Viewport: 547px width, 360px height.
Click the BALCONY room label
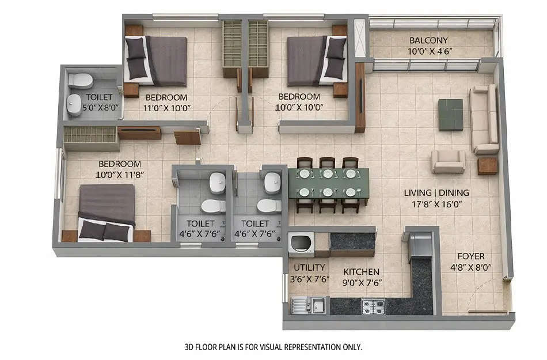[x=428, y=40]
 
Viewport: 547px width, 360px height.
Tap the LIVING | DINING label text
[x=436, y=192]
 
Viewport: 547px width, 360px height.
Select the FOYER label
[x=470, y=256]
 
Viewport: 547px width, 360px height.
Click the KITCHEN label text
[x=361, y=271]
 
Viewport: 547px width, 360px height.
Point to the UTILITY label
[x=310, y=268]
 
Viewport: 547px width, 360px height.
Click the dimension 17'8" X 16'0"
[x=436, y=203]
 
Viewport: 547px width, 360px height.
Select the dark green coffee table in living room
[x=450, y=114]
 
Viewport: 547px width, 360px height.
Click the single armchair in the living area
[x=449, y=161]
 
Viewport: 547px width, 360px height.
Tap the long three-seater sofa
[x=484, y=119]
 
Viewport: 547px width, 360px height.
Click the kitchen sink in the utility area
[x=309, y=304]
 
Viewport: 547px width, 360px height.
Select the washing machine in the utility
[x=301, y=244]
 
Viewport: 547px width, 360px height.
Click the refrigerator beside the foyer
[x=420, y=244]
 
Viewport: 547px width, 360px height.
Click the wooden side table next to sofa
[x=487, y=165]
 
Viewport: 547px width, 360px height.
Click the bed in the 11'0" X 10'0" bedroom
[x=157, y=60]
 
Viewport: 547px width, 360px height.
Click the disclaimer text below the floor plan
[x=273, y=347]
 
